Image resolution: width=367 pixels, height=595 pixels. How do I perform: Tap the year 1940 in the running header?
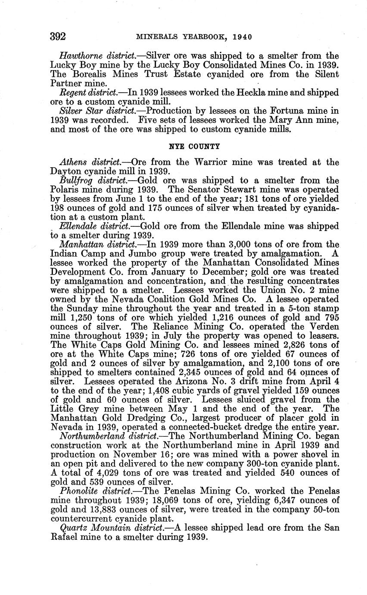[242, 37]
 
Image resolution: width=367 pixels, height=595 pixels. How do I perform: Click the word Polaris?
[65, 190]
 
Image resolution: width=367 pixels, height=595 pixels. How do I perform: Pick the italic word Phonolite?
[78, 491]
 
